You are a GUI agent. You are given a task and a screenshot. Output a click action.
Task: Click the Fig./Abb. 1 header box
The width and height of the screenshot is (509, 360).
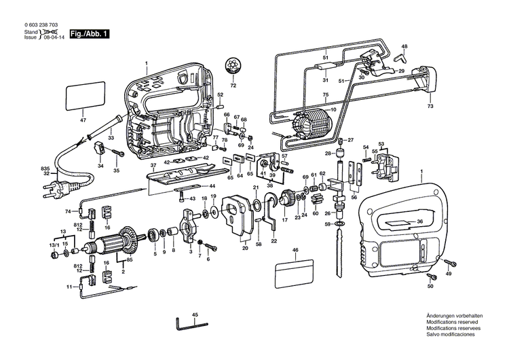pos(86,33)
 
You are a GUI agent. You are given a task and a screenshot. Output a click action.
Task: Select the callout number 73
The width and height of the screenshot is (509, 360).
pos(430,106)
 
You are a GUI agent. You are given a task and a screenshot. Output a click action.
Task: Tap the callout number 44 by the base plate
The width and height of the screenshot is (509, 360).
pos(212,186)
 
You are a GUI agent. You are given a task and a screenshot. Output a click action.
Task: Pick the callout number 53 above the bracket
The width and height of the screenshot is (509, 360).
pos(381,143)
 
